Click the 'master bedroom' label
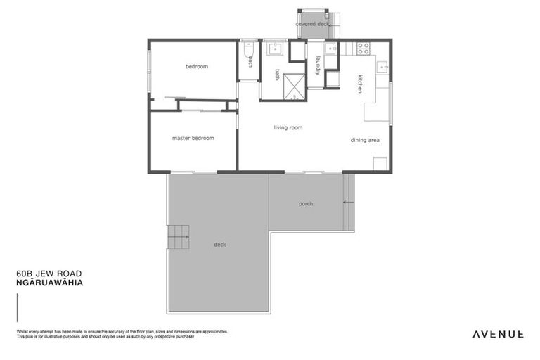coord(193,139)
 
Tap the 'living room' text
coord(288,127)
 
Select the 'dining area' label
coord(365,140)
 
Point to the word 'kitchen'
coord(360,84)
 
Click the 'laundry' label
coord(318,65)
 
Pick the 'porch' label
coord(305,204)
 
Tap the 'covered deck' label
coord(312,24)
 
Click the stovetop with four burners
coord(363,49)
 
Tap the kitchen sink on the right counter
coord(382,67)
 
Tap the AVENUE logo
coord(496,334)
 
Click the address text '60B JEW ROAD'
coord(49,274)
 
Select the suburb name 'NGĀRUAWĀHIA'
coord(49,283)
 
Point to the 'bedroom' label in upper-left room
coord(197,67)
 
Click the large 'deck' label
coord(220,245)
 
